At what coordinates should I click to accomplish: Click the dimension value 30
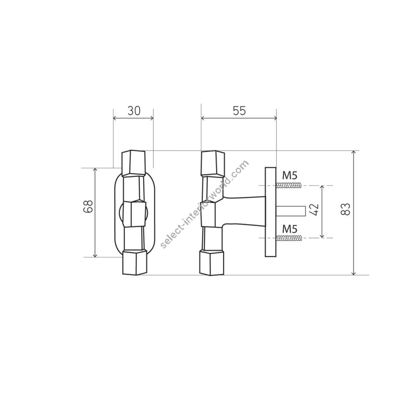[x=134, y=111]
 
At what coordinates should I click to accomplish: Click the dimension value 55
[x=239, y=111]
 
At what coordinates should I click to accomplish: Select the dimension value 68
[x=88, y=207]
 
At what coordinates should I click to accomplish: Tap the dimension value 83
[x=345, y=209]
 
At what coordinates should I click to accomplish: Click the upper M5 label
[x=290, y=175]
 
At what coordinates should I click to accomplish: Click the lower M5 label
[x=290, y=229]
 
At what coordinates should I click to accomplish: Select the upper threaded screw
[x=289, y=185]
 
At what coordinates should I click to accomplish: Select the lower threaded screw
[x=289, y=238]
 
